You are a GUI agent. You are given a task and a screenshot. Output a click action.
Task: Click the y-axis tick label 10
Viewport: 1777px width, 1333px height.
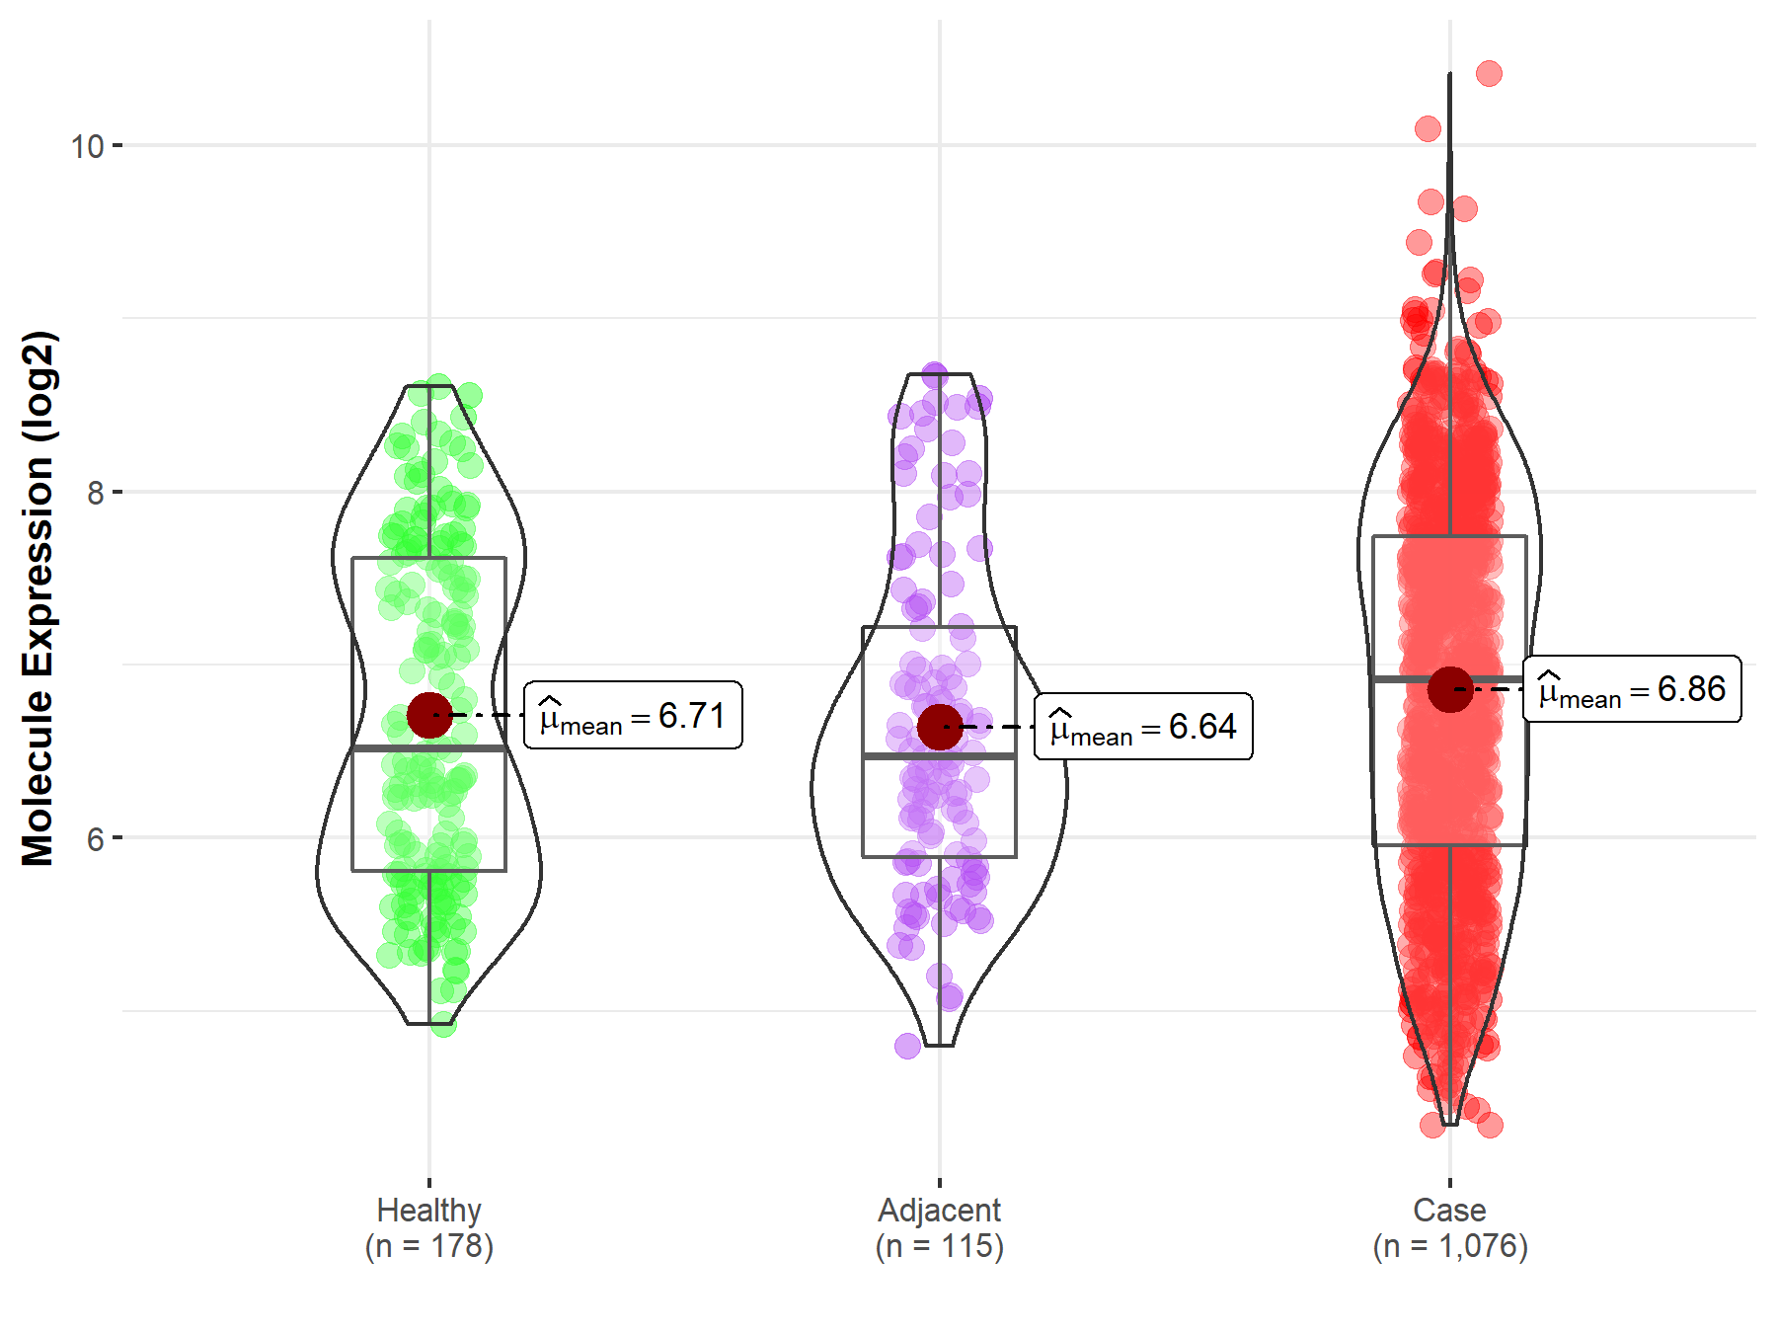tap(87, 146)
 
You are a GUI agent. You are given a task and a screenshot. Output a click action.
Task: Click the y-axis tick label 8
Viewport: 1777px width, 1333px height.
tap(95, 492)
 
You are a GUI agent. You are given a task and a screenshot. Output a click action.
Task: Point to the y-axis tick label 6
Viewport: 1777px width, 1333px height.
tap(95, 838)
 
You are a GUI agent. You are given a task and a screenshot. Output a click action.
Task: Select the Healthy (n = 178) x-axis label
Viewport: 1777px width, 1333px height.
tap(429, 1227)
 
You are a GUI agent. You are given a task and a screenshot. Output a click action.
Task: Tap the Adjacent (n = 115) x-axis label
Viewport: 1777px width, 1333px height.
tap(939, 1227)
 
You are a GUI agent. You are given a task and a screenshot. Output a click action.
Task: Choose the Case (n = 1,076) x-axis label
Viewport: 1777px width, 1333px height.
tap(1449, 1227)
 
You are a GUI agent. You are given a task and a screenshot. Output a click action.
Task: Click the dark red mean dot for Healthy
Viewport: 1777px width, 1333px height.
tap(429, 715)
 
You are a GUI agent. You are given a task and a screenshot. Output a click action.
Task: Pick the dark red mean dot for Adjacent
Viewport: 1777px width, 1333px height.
tap(939, 727)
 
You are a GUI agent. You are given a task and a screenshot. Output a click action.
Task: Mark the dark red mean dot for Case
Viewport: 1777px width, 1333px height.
tap(1449, 689)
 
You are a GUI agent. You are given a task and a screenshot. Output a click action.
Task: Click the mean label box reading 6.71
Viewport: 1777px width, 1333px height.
tap(633, 715)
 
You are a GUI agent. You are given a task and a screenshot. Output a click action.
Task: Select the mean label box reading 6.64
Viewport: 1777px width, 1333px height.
tap(1143, 727)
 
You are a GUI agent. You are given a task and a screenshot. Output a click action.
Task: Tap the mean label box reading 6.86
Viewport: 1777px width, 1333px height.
tap(1632, 689)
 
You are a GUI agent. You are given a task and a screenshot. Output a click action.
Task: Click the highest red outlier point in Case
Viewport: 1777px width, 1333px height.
tap(1489, 73)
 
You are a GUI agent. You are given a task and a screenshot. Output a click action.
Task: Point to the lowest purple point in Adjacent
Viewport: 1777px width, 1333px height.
tap(907, 1046)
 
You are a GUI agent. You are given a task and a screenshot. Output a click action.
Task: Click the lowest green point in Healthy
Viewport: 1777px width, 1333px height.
tap(443, 1024)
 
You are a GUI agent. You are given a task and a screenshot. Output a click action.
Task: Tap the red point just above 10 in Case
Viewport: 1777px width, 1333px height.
tap(1428, 128)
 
